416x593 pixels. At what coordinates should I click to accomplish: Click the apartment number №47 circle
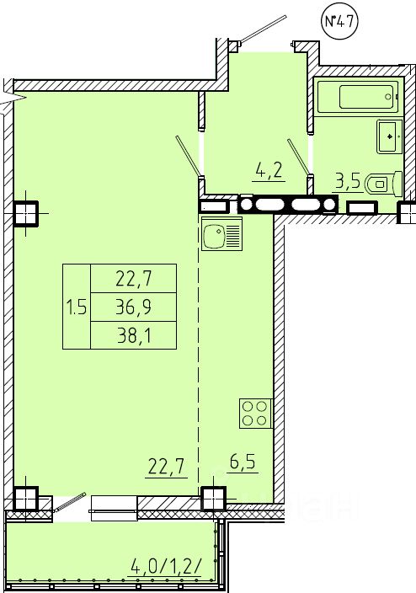point(339,22)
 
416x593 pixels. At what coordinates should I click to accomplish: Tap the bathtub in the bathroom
point(356,97)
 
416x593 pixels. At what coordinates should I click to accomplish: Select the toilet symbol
point(383,184)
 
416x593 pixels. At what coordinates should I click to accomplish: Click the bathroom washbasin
point(390,136)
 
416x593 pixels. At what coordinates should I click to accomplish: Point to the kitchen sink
point(221,233)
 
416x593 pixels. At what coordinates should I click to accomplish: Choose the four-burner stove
point(256,413)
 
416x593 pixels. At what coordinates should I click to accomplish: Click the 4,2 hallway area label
point(269,172)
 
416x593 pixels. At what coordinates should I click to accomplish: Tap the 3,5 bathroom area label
point(348,182)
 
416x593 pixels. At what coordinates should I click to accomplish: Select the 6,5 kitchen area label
point(243,462)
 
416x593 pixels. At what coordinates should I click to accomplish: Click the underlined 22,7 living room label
point(168,467)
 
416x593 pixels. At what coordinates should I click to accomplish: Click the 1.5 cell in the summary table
point(77,307)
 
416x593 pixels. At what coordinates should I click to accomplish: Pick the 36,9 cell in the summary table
point(134,307)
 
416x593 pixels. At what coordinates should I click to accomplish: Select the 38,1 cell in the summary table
point(134,335)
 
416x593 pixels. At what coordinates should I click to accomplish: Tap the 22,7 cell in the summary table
point(134,279)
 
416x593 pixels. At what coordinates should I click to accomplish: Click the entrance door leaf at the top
point(264,29)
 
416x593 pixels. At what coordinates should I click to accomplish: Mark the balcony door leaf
point(70,502)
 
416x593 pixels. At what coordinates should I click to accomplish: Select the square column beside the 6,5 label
point(214,499)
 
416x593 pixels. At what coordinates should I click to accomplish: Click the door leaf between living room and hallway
point(189,156)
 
